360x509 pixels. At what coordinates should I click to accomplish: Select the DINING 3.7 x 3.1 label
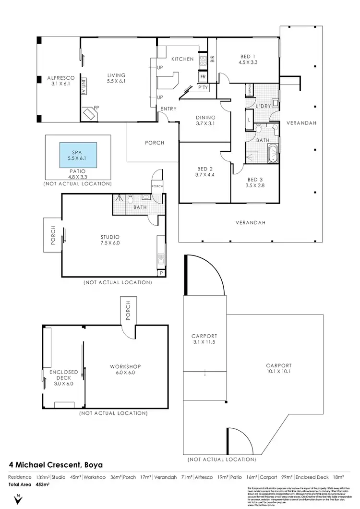pyautogui.click(x=205, y=120)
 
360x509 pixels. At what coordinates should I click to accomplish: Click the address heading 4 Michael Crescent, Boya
pyautogui.click(x=56, y=465)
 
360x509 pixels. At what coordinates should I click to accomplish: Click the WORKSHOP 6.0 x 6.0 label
pyautogui.click(x=124, y=370)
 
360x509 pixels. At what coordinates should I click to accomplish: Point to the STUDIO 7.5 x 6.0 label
pyautogui.click(x=109, y=240)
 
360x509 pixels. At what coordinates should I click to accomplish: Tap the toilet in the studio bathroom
pyautogui.click(x=130, y=197)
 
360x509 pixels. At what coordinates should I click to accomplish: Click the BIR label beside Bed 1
pyautogui.click(x=212, y=60)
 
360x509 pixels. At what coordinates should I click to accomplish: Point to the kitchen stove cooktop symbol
pyautogui.click(x=203, y=60)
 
